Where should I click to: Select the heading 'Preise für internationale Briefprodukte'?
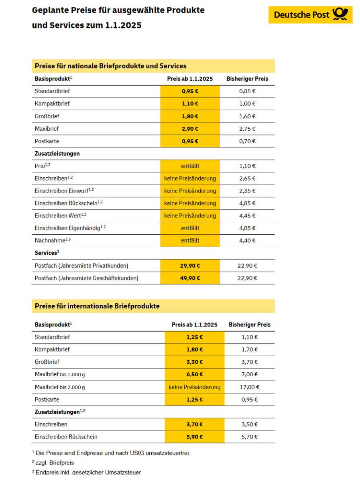[x=97, y=306]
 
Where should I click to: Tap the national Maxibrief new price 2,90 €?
[x=190, y=129]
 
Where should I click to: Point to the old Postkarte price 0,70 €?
[x=247, y=141]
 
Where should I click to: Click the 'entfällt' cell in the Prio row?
[x=190, y=166]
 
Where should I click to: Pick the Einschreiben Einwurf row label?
[x=64, y=191]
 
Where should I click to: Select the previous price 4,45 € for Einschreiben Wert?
[x=247, y=215]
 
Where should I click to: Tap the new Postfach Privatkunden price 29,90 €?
[x=190, y=266]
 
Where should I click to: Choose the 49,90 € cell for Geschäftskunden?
[x=190, y=278]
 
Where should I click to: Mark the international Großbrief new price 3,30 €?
[x=195, y=362]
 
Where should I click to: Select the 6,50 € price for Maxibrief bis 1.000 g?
[x=195, y=374]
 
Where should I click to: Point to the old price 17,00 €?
[x=250, y=387]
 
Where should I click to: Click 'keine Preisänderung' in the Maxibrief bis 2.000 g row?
[x=195, y=387]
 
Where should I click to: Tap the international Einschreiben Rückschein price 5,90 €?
[x=195, y=436]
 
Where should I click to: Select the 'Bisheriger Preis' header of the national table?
[x=247, y=79]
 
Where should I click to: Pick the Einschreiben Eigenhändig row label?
[x=70, y=228]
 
